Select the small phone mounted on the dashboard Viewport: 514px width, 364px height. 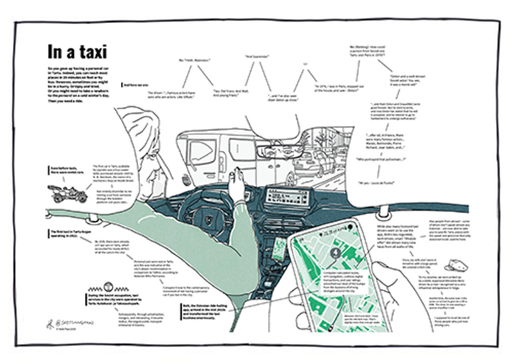278,248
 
